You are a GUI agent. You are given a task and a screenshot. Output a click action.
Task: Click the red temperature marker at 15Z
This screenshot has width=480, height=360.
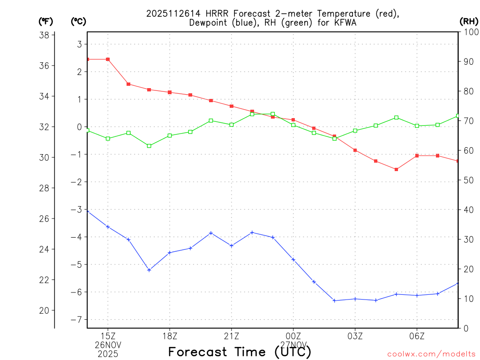(108, 60)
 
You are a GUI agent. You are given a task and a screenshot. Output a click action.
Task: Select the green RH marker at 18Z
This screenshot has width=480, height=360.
(170, 135)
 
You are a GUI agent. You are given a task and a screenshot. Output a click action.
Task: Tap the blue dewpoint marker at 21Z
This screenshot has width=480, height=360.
(232, 246)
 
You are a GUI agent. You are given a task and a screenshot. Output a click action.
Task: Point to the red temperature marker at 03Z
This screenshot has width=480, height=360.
(355, 150)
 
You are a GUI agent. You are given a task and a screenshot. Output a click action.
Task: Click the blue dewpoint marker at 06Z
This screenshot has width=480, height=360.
(417, 295)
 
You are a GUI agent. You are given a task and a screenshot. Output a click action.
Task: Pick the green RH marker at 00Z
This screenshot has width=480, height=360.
(293, 125)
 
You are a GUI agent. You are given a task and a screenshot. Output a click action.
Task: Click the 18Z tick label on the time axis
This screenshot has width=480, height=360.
(170, 336)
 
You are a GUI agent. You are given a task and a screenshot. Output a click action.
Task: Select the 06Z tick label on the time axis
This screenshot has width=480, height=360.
(417, 336)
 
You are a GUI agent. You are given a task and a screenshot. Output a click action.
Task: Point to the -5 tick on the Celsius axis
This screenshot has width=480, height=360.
(75, 264)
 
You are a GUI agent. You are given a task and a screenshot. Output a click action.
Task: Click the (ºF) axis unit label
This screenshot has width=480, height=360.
(45, 21)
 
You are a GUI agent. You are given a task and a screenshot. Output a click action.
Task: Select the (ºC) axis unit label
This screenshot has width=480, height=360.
(78, 21)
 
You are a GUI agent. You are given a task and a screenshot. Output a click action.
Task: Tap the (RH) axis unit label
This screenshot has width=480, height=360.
(469, 21)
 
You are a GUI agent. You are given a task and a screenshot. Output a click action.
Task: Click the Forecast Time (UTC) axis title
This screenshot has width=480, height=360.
(240, 352)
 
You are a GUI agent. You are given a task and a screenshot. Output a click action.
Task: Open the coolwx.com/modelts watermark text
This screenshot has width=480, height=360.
(431, 354)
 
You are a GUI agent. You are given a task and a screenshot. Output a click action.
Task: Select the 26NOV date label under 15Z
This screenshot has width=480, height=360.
(108, 345)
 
